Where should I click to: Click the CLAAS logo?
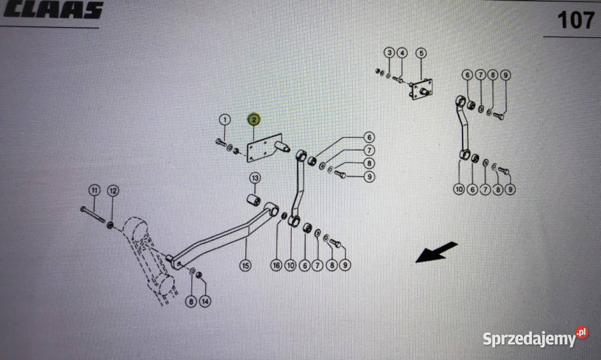tap(53, 9)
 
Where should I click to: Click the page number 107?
tap(576, 20)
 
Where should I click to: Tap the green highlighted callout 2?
tap(254, 120)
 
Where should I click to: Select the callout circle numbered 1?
tap(225, 120)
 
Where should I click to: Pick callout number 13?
tap(255, 178)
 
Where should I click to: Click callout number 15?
tap(245, 265)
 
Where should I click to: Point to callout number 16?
tap(276, 265)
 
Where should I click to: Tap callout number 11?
tap(95, 190)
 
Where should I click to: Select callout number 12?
tap(113, 190)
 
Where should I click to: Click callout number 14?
tap(205, 301)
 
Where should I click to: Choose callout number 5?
tap(421, 53)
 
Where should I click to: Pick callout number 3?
tap(389, 53)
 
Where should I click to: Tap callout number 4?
tap(402, 53)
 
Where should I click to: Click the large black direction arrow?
tap(436, 252)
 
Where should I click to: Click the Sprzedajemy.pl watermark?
tap(535, 337)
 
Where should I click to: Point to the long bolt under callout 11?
tap(93, 215)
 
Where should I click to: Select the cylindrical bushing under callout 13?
tap(254, 200)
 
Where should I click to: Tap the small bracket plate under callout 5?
tap(421, 90)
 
